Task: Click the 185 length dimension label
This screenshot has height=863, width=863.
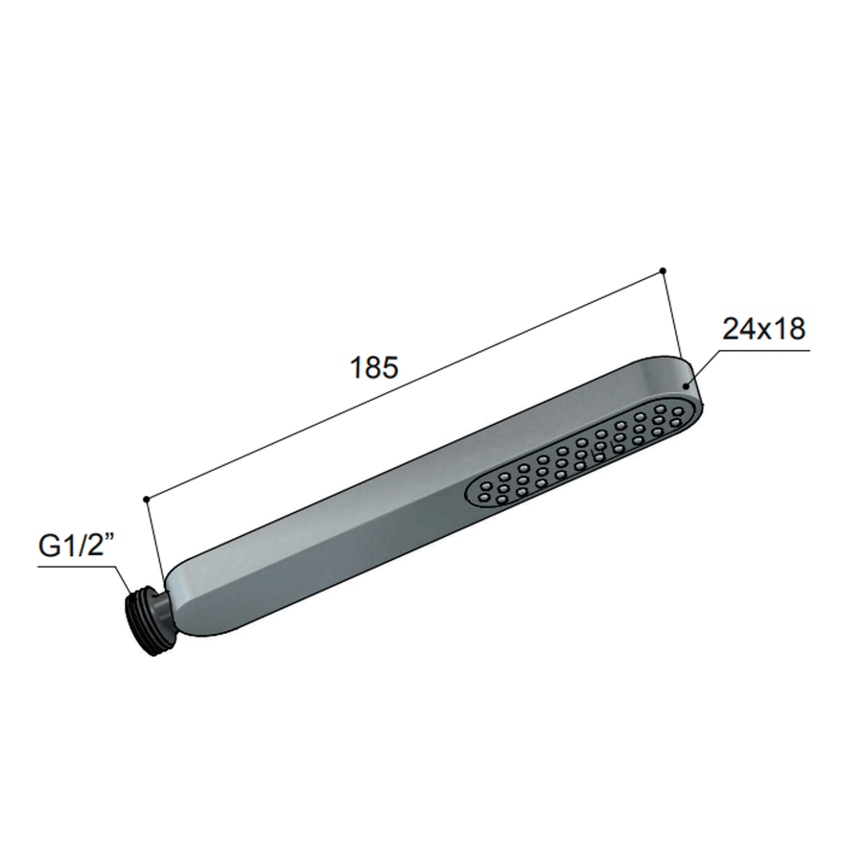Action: point(375,368)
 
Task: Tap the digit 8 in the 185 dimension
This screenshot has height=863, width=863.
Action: point(375,368)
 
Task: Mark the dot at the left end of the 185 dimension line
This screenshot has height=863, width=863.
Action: point(145,499)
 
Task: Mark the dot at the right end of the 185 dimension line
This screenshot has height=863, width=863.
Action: point(663,270)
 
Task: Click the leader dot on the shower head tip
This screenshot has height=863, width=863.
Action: point(687,385)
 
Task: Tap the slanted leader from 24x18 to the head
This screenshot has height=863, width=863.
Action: point(701,368)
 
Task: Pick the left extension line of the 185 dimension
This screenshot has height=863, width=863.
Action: point(152,537)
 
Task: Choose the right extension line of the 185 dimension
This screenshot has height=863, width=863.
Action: point(672,316)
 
